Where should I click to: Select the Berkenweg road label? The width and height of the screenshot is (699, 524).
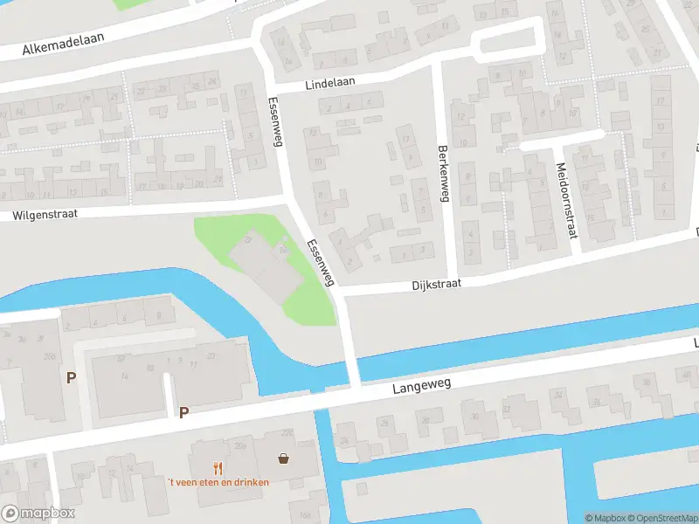tap(443, 173)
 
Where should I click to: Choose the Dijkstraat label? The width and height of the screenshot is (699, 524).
tap(436, 285)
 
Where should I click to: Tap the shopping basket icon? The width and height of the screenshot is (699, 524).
tap(284, 458)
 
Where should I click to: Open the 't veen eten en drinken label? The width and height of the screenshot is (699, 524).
tap(218, 482)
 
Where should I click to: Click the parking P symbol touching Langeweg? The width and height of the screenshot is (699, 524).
tap(183, 412)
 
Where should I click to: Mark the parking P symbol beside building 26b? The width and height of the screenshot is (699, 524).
tap(71, 377)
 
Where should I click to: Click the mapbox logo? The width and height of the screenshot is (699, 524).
tap(38, 513)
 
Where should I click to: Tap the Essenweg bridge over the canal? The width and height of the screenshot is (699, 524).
tap(352, 367)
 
